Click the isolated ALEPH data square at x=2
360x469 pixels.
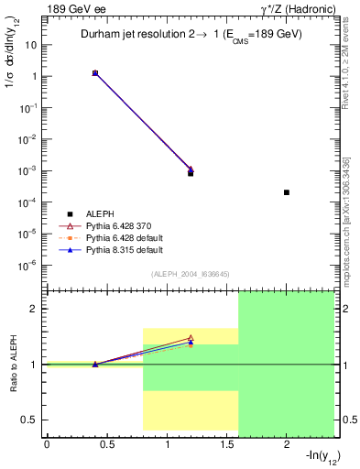pyautogui.click(x=287, y=192)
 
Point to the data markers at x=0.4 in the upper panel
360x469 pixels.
pyautogui.click(x=94, y=72)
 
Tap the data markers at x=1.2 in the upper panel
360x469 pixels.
pyautogui.click(x=191, y=170)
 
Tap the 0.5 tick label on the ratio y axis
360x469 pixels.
pyautogui.click(x=30, y=420)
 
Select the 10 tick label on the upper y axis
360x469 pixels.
pyautogui.click(x=32, y=45)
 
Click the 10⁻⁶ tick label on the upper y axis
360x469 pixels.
pyautogui.click(x=29, y=265)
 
